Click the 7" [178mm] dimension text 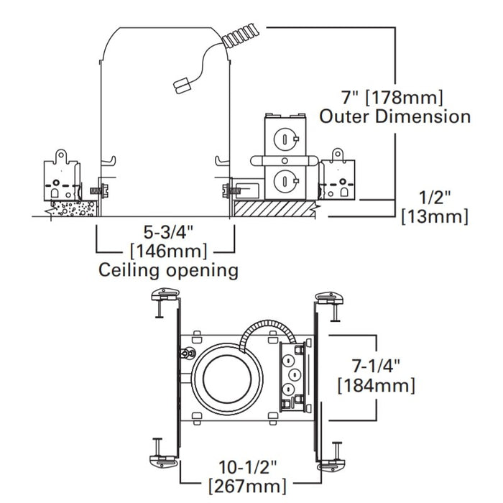click(x=392, y=97)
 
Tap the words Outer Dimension click(x=395, y=116)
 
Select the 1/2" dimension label click(x=435, y=198)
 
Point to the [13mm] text click(x=435, y=216)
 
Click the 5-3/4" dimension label click(x=169, y=232)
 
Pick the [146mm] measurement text click(x=169, y=251)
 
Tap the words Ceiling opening click(x=168, y=270)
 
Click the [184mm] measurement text click(x=376, y=385)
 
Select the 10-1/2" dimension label click(x=247, y=467)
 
